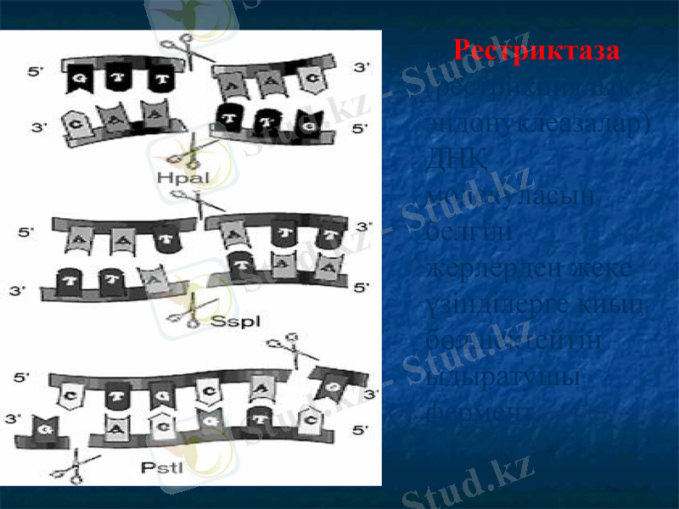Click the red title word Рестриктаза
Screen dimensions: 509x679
[x=536, y=49]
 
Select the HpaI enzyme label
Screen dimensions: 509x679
[x=182, y=176]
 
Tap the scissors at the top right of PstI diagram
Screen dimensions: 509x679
[x=285, y=349]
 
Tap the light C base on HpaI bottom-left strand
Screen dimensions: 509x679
[x=77, y=120]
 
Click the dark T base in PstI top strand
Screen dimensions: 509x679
[x=116, y=394]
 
